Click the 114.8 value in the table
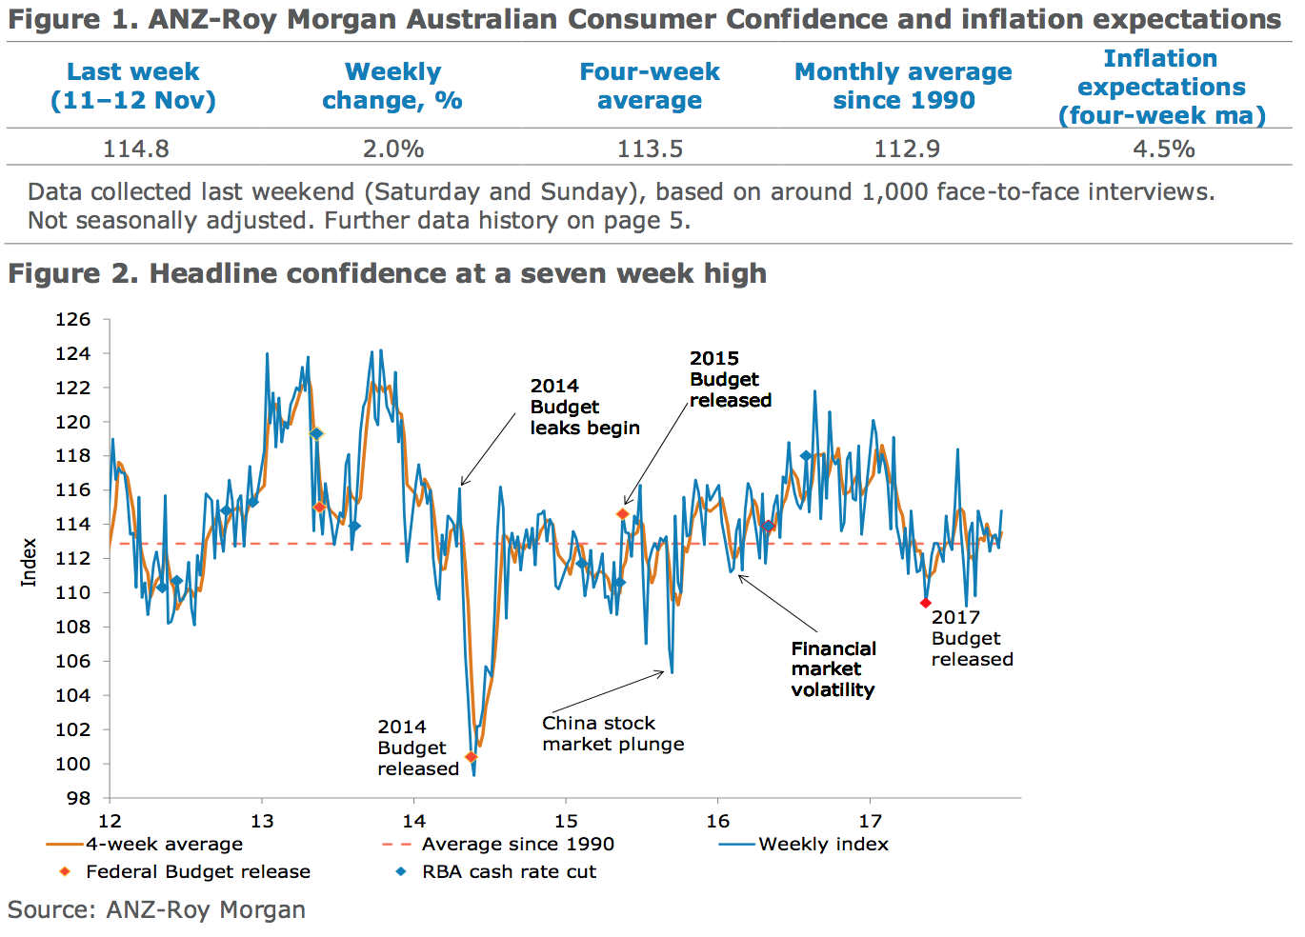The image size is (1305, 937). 136,149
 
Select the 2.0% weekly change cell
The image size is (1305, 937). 392,149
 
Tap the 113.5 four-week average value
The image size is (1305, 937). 650,149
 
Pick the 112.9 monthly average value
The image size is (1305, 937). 906,149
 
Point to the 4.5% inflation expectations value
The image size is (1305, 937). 1163,149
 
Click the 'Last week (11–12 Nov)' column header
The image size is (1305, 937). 133,86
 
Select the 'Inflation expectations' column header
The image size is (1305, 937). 1161,87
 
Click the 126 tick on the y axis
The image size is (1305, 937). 72,319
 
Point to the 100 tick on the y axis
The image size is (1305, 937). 72,764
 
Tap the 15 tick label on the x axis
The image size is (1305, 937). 566,821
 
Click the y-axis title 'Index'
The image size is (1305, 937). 29,562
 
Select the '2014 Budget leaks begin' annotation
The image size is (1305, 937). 584,407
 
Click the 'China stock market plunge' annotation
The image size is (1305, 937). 612,733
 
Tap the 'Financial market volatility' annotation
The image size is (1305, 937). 833,668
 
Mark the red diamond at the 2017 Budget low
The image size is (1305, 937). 926,603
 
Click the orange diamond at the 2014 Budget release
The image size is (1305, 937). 471,757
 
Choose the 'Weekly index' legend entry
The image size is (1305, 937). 823,844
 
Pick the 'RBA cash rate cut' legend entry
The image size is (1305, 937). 509,871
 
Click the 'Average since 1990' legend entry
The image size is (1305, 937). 517,844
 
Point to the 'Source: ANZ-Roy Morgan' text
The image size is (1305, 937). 156,909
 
